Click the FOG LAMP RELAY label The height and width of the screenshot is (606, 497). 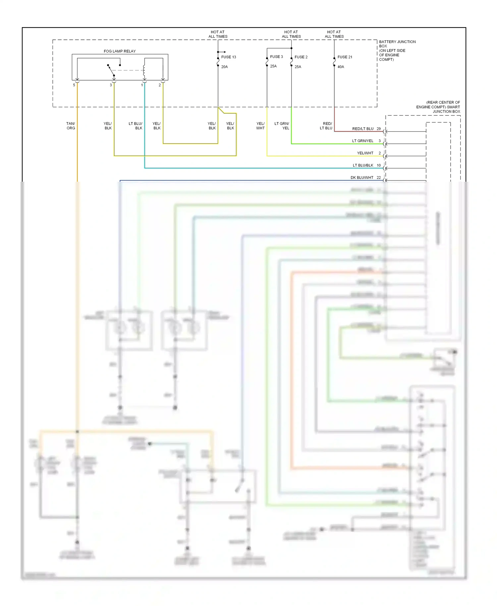pyautogui.click(x=120, y=51)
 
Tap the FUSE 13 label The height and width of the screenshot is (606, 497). pyautogui.click(x=229, y=57)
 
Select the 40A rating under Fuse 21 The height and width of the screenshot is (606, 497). pyautogui.click(x=341, y=67)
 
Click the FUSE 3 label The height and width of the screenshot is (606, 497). pyautogui.click(x=276, y=57)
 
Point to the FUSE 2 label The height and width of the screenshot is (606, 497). pyautogui.click(x=301, y=57)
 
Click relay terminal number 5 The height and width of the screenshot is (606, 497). pyautogui.click(x=74, y=85)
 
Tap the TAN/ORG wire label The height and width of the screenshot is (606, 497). pyautogui.click(x=71, y=126)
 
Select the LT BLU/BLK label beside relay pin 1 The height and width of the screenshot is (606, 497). pyautogui.click(x=136, y=126)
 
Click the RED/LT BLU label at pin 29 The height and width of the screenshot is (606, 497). pyautogui.click(x=362, y=129)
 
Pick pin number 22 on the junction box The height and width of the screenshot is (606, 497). pyautogui.click(x=379, y=178)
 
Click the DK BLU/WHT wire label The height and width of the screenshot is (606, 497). pyautogui.click(x=362, y=178)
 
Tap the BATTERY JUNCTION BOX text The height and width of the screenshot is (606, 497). pyautogui.click(x=397, y=50)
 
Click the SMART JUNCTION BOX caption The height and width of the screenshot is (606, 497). pyautogui.click(x=438, y=107)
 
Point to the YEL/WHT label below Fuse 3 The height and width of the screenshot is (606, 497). pyautogui.click(x=260, y=126)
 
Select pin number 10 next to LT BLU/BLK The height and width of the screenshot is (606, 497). pyautogui.click(x=379, y=165)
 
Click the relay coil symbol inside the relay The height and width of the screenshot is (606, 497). pyautogui.click(x=144, y=69)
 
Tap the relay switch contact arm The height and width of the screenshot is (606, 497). pyautogui.click(x=110, y=70)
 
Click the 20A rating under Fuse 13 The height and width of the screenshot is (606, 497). pyautogui.click(x=224, y=67)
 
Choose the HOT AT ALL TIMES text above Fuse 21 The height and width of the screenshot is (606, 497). pyautogui.click(x=334, y=34)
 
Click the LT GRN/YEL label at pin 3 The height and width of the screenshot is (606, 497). pyautogui.click(x=362, y=141)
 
